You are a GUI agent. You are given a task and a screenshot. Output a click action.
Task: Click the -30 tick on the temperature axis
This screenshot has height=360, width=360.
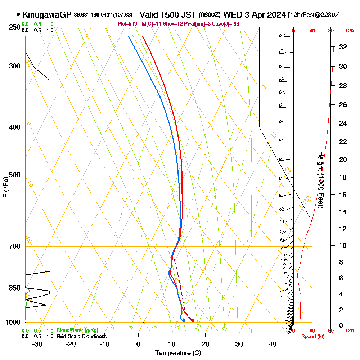(x=37, y=344)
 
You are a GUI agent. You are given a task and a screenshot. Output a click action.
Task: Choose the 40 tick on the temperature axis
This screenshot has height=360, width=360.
(x=273, y=344)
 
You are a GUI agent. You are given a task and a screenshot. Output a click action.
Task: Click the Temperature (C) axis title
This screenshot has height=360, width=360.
(x=178, y=353)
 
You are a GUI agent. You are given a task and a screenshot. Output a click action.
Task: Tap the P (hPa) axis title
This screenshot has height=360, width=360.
(x=5, y=187)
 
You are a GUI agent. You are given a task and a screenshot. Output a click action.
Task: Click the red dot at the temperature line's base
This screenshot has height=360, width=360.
(x=193, y=320)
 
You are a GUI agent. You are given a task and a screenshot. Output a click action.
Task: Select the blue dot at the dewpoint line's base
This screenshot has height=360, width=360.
(x=184, y=320)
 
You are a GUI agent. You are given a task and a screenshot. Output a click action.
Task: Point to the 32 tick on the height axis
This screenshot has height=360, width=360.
(x=343, y=47)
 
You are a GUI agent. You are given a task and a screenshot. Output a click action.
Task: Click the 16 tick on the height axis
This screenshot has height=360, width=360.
(x=343, y=195)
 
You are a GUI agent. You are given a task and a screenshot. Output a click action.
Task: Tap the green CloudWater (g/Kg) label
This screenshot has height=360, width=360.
(x=77, y=330)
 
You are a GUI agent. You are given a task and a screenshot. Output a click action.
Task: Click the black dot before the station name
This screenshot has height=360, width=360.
(x=18, y=15)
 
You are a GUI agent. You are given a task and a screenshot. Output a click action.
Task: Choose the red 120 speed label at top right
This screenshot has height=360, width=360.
(x=349, y=31)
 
